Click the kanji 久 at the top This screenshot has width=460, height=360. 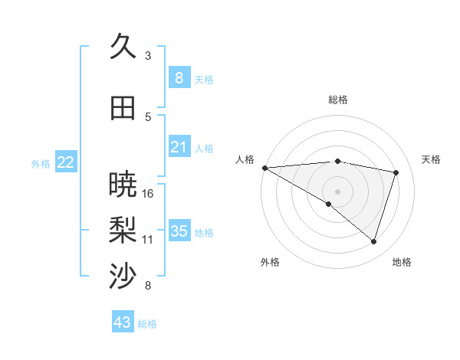point(123,47)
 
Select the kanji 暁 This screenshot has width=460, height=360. point(123,184)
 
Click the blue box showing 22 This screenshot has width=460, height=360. point(66,162)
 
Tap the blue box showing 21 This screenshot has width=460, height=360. point(179,146)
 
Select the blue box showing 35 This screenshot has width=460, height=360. point(179,231)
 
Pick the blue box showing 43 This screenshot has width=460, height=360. point(123,322)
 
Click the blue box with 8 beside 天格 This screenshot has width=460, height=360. point(179,77)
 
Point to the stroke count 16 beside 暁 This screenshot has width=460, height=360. point(148,193)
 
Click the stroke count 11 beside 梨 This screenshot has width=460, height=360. point(148,239)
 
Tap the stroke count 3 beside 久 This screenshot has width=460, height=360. point(148,55)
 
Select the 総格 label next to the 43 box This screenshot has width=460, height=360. point(147,324)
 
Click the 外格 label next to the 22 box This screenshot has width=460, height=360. point(41,163)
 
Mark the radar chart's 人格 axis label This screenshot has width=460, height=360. point(245,159)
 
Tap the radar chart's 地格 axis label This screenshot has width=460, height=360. point(402,262)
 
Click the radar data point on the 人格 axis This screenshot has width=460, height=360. point(264,167)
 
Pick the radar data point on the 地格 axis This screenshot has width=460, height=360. point(373,241)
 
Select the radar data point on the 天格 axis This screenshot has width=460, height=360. point(396,172)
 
